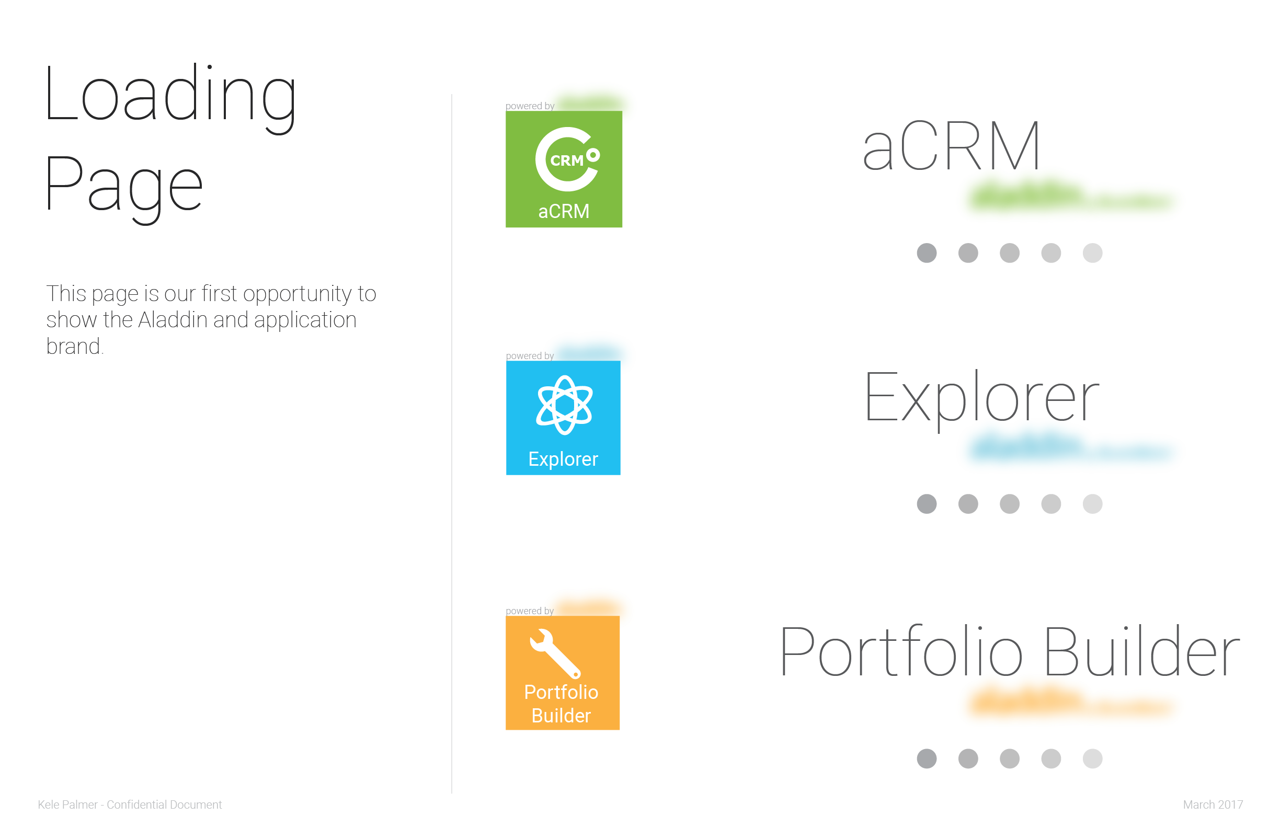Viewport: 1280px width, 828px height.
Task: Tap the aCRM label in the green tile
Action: [x=564, y=211]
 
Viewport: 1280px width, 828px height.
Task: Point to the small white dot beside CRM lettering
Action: [x=593, y=155]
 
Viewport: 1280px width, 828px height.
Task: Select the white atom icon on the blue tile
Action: [x=564, y=405]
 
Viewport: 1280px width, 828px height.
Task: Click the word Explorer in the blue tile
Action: [x=563, y=459]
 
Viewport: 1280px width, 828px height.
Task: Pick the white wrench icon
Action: [x=555, y=653]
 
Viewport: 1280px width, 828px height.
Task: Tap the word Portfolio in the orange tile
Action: [x=561, y=692]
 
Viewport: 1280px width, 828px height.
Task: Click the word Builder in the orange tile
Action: [x=561, y=716]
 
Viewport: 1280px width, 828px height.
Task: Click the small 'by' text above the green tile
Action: [x=549, y=107]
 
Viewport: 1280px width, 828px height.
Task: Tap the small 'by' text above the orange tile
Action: [x=549, y=611]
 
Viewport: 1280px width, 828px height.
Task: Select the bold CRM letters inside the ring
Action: [x=567, y=161]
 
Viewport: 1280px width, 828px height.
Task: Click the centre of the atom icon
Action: [x=564, y=405]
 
